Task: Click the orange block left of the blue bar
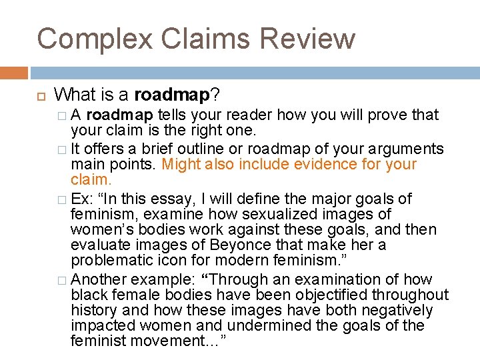coord(14,72)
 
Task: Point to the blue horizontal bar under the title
coord(254,72)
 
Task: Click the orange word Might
coord(182,165)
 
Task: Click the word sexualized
coord(231,215)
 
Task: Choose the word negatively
coord(398,311)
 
